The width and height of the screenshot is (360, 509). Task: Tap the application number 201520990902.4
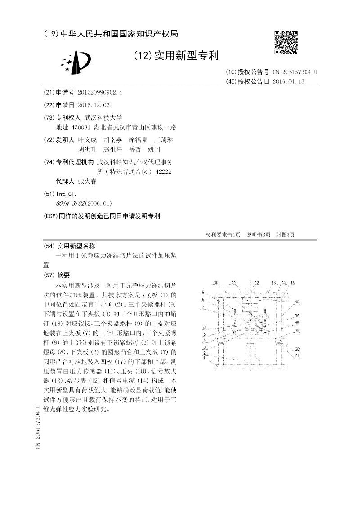click(x=99, y=92)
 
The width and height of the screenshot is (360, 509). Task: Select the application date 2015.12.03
click(x=93, y=105)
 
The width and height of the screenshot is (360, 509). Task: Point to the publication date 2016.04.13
click(x=289, y=81)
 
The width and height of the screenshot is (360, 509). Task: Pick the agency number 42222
click(x=162, y=171)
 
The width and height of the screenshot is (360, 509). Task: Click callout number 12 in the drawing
click(x=256, y=283)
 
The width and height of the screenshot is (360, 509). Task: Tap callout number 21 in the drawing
click(x=297, y=356)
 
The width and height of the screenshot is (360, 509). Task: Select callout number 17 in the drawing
click(x=297, y=315)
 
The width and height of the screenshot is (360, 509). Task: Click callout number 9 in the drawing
click(x=203, y=292)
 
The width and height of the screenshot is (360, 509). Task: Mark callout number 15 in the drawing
click(x=292, y=283)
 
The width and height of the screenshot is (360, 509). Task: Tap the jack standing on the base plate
click(x=248, y=353)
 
